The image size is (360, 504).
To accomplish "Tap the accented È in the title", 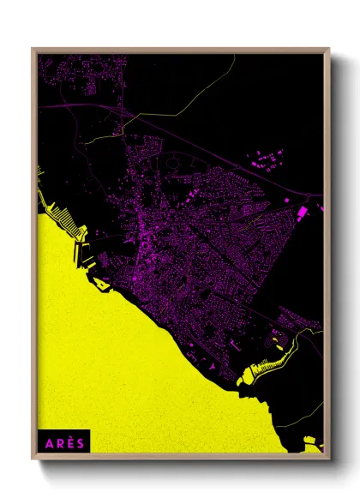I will click(x=69, y=443).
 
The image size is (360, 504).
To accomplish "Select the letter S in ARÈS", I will click(x=80, y=443).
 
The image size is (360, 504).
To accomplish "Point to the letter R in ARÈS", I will click(x=57, y=443).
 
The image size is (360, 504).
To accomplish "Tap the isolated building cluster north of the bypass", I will click(x=267, y=158).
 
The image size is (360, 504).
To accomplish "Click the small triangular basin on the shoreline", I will click(x=101, y=282).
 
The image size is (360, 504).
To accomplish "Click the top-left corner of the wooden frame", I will click(x=33, y=50).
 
